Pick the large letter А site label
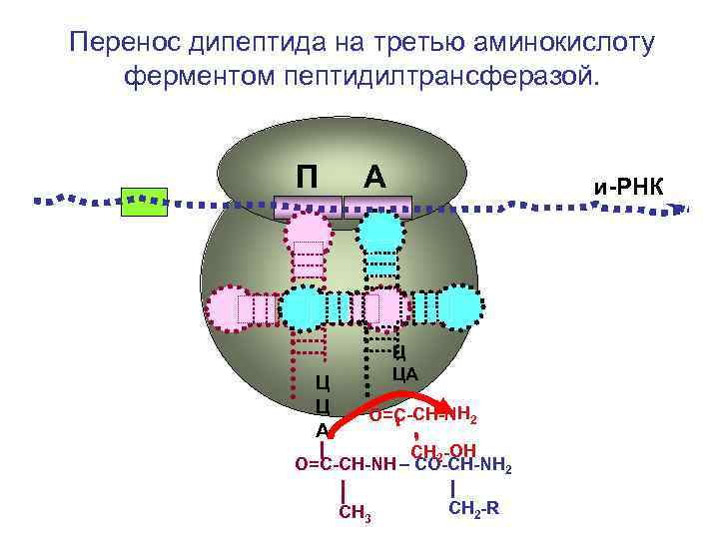point(374,176)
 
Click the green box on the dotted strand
point(144,201)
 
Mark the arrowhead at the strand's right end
point(681,210)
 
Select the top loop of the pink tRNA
point(310,243)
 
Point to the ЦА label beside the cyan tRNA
point(404,374)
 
